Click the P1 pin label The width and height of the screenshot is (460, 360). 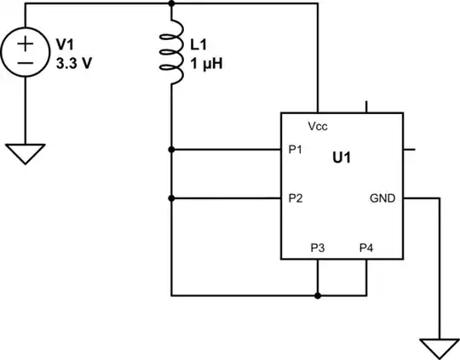coord(296,150)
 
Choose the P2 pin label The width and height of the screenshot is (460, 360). coord(296,198)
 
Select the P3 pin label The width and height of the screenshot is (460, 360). coord(318,248)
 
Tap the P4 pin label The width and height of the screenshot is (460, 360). coord(366,248)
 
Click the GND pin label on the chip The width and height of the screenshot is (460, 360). coord(381,198)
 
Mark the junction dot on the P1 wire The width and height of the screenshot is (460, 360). coord(172,150)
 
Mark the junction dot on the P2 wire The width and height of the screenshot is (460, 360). coord(172,198)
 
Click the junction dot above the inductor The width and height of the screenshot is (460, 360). coord(172,3)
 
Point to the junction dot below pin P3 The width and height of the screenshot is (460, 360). coord(318,296)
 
